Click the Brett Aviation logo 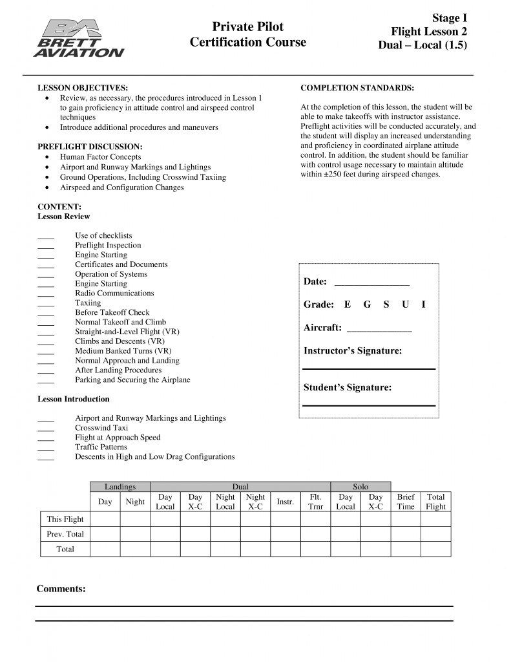point(81,38)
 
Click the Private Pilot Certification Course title point(248,35)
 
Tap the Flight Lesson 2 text point(429,32)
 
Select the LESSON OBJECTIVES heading point(83,88)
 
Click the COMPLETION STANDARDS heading point(357,88)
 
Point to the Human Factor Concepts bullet point(100,157)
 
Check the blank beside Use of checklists point(46,237)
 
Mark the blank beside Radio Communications point(46,294)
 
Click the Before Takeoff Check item point(112,312)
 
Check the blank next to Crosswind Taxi point(46,429)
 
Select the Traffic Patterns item point(101,447)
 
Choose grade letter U point(405,304)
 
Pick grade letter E point(348,304)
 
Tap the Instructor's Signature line point(369,368)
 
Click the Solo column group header point(360,486)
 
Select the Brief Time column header point(406,502)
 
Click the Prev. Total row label point(65,534)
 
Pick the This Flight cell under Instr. point(285,518)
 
